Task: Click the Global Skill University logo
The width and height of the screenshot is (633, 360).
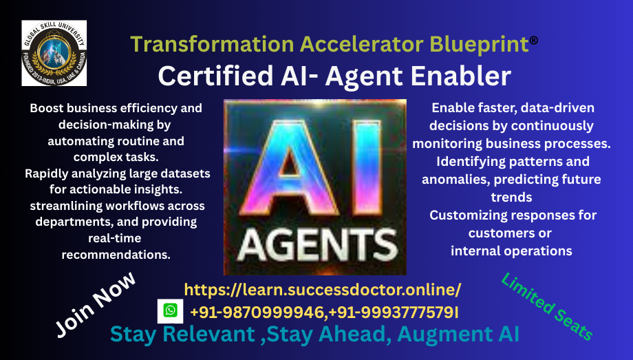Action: pos(54,53)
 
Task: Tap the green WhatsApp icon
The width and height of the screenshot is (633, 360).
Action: pos(171,310)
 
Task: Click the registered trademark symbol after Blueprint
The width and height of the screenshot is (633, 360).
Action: pos(534,40)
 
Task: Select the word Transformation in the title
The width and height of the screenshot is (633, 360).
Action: pos(213,44)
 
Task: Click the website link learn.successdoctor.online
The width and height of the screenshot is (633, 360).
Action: pos(323,290)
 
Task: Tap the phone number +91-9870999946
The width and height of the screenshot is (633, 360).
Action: pos(257,313)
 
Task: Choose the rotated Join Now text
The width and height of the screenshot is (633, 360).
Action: pos(95,304)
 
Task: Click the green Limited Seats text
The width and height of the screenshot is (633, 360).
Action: pos(547,307)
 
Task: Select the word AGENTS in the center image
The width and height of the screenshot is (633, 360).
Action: pos(318,245)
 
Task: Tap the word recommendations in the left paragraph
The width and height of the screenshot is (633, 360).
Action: pos(116,255)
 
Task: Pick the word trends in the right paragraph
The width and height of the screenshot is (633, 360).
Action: pos(511,197)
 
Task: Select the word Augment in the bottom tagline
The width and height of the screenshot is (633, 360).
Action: pos(444,334)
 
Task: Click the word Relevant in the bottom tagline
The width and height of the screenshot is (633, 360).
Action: pos(208,334)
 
